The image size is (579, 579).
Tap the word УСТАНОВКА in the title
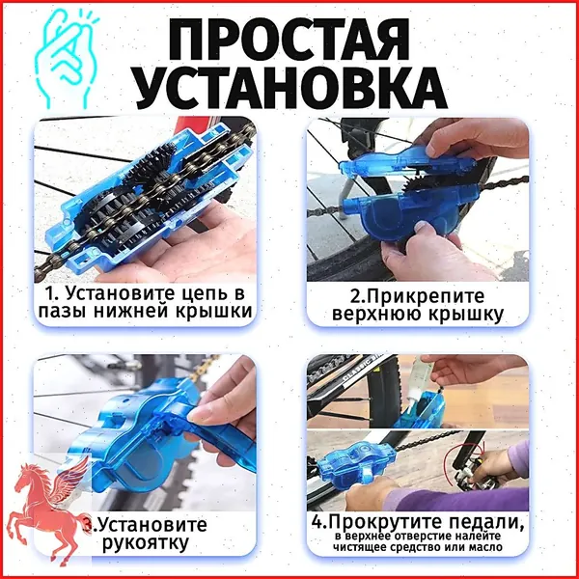click(x=291, y=88)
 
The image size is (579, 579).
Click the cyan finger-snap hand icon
click(x=67, y=58)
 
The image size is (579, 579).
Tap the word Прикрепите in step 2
click(x=426, y=297)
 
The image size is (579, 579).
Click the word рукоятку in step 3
click(x=145, y=542)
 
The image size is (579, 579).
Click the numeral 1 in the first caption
click(x=49, y=294)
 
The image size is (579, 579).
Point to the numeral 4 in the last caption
click(x=317, y=522)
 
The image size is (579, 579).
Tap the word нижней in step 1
click(x=132, y=311)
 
